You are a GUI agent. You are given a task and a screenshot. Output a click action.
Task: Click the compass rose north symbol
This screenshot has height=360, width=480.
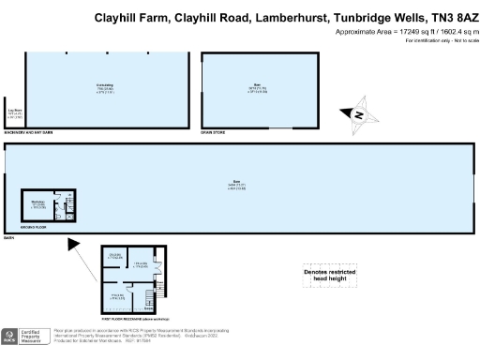(x=357, y=115)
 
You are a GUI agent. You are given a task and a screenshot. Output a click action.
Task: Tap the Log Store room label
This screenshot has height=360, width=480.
(x=13, y=113)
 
